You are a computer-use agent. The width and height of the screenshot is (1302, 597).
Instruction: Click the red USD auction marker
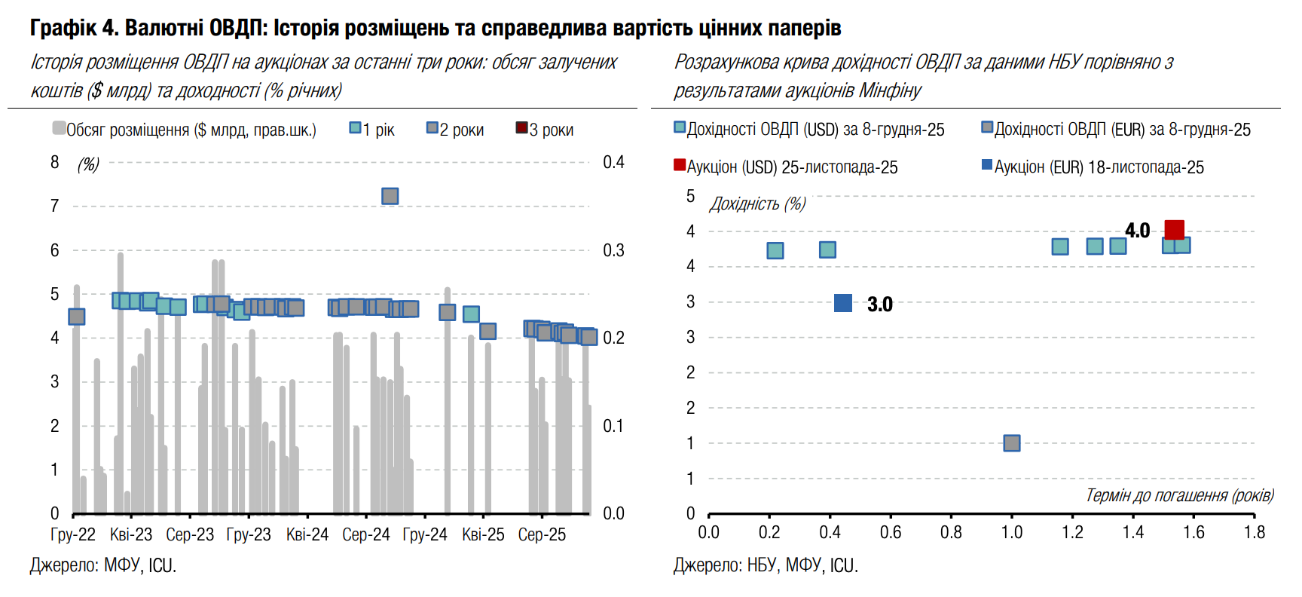tap(1174, 229)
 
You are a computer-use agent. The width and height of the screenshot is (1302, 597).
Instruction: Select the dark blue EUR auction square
tap(843, 303)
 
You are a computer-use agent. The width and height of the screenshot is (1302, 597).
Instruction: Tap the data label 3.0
tap(879, 305)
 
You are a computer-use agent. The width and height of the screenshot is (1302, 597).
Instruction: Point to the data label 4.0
tap(1137, 231)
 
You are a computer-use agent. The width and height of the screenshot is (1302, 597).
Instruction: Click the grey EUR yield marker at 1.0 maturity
tap(1012, 443)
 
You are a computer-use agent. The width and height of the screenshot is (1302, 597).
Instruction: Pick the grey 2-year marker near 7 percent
tap(390, 196)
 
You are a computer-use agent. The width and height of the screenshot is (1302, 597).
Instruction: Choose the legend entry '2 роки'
tap(455, 130)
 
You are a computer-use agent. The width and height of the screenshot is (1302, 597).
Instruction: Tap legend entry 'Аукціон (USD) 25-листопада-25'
tap(786, 167)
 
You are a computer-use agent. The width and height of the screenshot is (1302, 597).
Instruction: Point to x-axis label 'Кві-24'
tap(307, 534)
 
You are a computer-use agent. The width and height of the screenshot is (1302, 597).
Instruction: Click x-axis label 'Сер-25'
tap(542, 534)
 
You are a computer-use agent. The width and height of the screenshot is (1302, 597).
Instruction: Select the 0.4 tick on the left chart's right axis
tap(613, 162)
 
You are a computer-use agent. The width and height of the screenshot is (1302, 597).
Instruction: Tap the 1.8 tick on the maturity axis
tap(1254, 532)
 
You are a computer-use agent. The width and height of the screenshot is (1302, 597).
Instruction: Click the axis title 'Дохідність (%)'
tap(757, 204)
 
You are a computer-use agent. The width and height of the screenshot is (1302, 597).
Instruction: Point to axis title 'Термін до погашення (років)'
tap(1179, 495)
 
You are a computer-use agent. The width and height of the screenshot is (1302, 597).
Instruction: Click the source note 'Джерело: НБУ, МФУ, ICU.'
tap(766, 565)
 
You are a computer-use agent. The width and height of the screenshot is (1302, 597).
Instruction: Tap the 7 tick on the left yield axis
tap(54, 206)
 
